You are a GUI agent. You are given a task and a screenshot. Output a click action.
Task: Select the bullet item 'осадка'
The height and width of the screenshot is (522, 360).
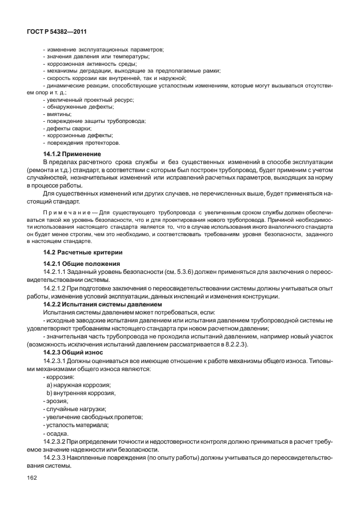(56, 433)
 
